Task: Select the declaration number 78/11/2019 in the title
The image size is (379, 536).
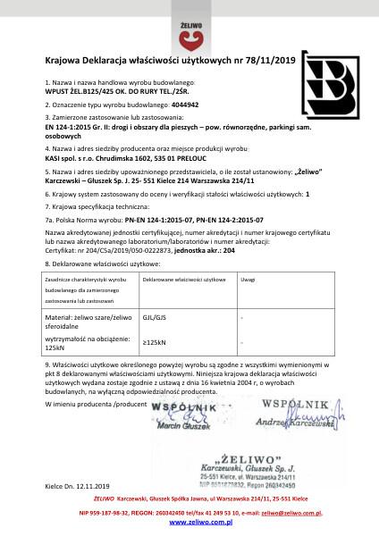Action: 271,60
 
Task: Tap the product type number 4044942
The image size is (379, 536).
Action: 190,105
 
